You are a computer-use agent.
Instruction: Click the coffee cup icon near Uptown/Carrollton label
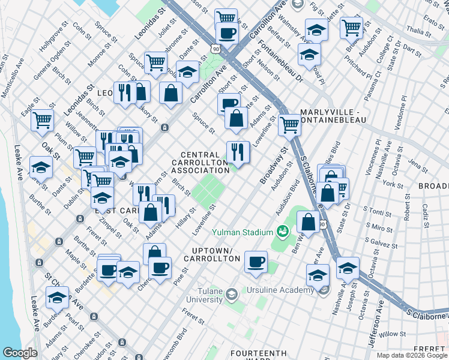click(256, 262)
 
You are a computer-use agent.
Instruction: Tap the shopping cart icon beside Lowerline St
click(289, 125)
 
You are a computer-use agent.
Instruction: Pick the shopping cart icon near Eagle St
click(42, 121)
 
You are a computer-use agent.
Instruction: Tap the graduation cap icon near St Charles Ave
click(57, 298)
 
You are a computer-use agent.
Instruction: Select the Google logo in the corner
click(20, 353)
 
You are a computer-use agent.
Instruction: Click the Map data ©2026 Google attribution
click(412, 355)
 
